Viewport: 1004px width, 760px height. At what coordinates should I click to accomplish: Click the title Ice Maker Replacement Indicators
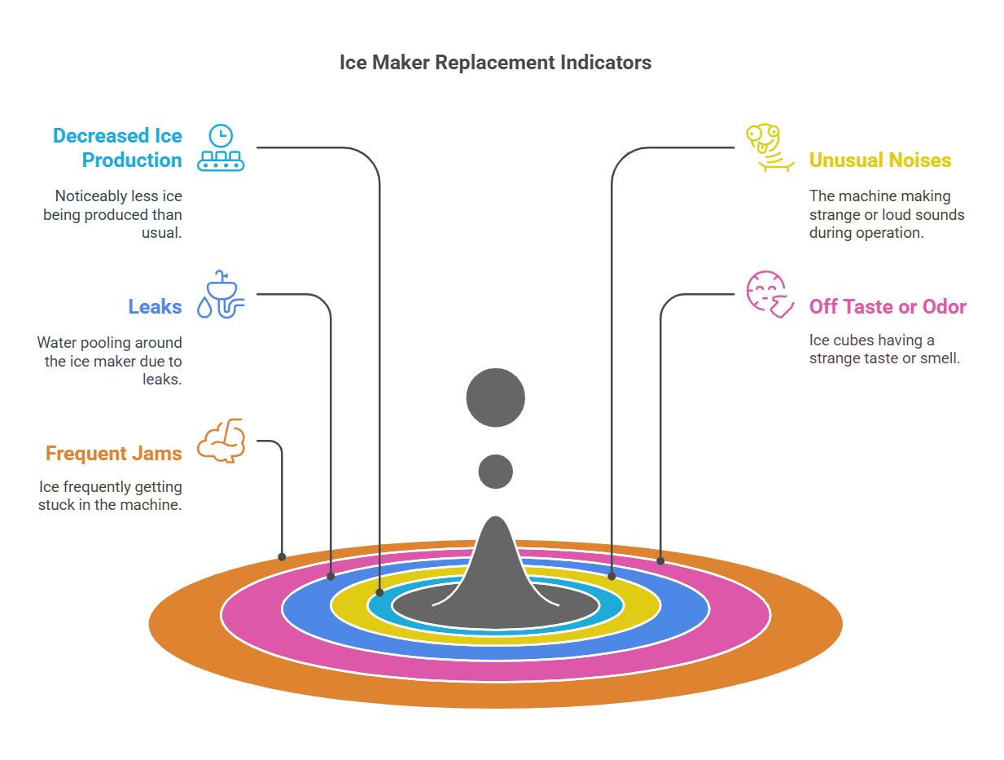point(495,63)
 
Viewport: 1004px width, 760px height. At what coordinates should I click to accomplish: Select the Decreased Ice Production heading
point(117,147)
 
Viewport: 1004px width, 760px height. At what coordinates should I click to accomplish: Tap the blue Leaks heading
point(155,307)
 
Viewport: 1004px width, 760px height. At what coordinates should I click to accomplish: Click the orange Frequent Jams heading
point(113,454)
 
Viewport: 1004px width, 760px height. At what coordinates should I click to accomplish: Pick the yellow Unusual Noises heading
point(879,160)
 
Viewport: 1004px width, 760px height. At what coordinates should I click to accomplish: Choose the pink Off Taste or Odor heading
point(888,307)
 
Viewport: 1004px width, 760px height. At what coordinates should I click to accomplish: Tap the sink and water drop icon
point(221,294)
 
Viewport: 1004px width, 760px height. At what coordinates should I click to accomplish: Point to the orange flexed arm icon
point(221,441)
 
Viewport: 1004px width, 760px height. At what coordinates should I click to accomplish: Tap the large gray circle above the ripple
point(495,398)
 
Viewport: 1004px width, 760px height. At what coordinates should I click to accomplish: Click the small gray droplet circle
point(495,472)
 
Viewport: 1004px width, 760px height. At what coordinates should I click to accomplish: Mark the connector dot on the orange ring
point(282,557)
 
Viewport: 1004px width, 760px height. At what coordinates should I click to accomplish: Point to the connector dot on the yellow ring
point(612,576)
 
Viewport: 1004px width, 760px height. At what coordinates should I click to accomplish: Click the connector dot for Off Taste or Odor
point(660,560)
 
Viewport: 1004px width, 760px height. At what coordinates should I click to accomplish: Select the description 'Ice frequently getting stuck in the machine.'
point(110,495)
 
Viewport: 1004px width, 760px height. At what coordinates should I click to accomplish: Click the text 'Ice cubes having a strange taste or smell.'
point(884,349)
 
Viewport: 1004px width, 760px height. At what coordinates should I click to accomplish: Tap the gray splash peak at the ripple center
point(495,562)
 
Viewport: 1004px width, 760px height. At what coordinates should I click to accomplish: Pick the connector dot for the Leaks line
point(331,576)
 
